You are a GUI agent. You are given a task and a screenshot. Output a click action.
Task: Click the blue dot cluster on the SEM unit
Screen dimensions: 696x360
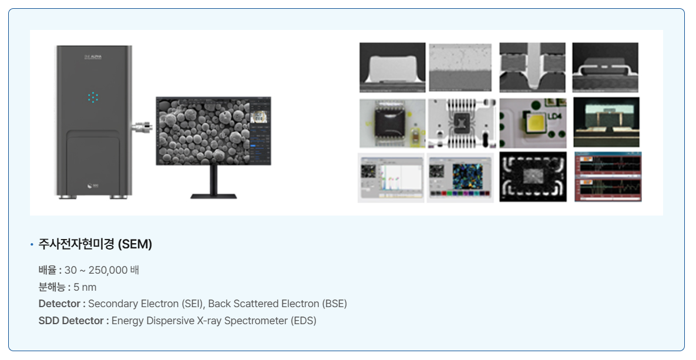point(93,97)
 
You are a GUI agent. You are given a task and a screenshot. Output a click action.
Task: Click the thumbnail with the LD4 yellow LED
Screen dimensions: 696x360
point(533,123)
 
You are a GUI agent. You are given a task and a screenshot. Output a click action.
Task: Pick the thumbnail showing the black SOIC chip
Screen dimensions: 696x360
point(392,123)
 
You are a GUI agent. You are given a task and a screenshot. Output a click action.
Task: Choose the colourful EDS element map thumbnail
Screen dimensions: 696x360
point(460,177)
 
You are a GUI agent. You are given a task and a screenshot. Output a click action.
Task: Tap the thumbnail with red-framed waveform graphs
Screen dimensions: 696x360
point(608,177)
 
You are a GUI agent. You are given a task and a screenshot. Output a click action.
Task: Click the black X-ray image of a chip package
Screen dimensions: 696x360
point(533,177)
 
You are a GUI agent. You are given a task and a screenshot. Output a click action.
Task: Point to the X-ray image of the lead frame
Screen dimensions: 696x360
point(462,123)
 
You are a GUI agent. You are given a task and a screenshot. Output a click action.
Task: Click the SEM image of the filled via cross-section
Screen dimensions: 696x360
point(532,67)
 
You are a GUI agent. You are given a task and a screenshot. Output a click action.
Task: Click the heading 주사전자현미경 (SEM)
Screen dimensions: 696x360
point(95,244)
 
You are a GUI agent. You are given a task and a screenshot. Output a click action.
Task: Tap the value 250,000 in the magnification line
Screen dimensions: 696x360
point(108,270)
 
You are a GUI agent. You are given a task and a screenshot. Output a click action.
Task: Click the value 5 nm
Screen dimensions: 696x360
point(85,287)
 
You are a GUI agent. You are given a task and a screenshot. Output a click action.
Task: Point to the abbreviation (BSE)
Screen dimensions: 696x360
point(334,304)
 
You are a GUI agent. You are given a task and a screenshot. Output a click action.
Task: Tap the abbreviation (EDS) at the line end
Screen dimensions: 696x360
point(303,321)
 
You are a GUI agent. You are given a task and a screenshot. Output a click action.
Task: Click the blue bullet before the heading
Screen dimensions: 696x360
point(32,245)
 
